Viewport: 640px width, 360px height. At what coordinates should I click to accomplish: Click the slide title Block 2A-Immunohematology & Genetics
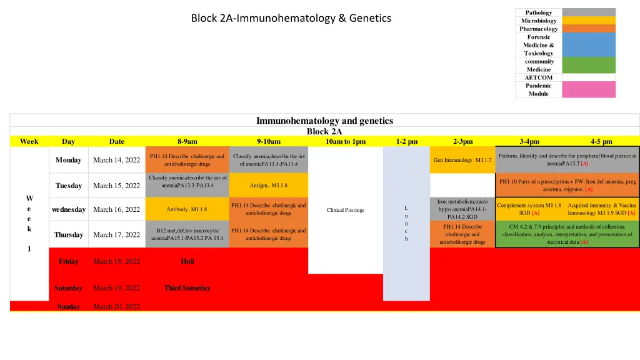(291, 18)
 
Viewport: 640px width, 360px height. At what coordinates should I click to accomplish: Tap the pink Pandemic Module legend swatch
(588, 89)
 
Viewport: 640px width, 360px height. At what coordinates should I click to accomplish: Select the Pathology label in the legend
(538, 12)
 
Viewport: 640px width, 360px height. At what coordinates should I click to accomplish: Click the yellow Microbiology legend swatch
(588, 21)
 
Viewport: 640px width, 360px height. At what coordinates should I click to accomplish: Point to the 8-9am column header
(187, 141)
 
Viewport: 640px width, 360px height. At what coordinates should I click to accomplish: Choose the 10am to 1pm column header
(346, 141)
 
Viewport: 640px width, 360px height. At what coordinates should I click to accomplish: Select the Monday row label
(68, 160)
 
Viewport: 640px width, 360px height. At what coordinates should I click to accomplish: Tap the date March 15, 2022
(116, 186)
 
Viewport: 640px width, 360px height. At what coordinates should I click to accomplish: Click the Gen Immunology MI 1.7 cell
(462, 160)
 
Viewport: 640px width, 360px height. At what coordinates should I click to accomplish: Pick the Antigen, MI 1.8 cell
(268, 186)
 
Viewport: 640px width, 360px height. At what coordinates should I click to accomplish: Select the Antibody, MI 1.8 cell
(186, 209)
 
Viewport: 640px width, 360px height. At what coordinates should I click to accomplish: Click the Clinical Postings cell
(345, 210)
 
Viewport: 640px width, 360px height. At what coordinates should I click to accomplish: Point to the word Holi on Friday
(187, 261)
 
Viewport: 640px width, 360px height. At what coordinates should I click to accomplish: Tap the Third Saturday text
(187, 288)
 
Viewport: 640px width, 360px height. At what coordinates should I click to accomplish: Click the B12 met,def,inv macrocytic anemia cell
(187, 234)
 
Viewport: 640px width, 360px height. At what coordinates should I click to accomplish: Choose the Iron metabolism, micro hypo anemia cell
(462, 209)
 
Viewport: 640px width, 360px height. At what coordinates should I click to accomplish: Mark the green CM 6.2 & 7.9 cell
(567, 234)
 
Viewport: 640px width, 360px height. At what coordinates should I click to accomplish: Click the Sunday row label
(68, 306)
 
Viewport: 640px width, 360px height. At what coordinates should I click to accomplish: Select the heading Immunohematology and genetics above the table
(324, 121)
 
